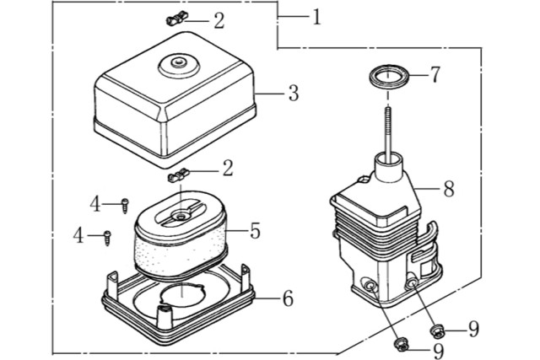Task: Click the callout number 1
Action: [x=316, y=17]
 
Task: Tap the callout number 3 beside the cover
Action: [x=293, y=93]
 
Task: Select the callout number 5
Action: [x=254, y=229]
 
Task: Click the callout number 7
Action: [x=435, y=75]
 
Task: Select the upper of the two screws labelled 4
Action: [x=125, y=203]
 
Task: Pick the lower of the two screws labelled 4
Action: [x=108, y=237]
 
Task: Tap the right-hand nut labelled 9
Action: [x=438, y=330]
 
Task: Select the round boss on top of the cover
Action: [x=180, y=62]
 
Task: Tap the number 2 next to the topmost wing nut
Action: [x=219, y=19]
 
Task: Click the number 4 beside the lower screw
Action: [x=78, y=236]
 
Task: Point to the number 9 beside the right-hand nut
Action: [x=473, y=329]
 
